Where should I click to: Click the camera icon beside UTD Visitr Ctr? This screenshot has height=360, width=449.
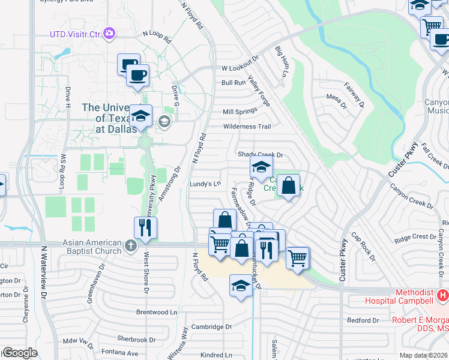click(x=109, y=34)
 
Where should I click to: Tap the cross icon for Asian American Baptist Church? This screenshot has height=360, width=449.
click(x=130, y=245)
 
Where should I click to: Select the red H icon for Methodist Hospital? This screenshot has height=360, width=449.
click(x=443, y=295)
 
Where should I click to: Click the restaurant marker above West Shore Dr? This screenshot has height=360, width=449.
click(x=145, y=227)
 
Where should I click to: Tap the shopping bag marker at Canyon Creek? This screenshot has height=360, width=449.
click(x=289, y=186)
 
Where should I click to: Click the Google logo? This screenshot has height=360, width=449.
click(x=20, y=353)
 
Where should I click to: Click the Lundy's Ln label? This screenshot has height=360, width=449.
click(x=206, y=184)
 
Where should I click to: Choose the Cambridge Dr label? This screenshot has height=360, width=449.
click(x=211, y=327)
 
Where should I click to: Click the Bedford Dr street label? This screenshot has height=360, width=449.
click(x=363, y=320)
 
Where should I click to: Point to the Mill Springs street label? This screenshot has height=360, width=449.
click(x=240, y=112)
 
